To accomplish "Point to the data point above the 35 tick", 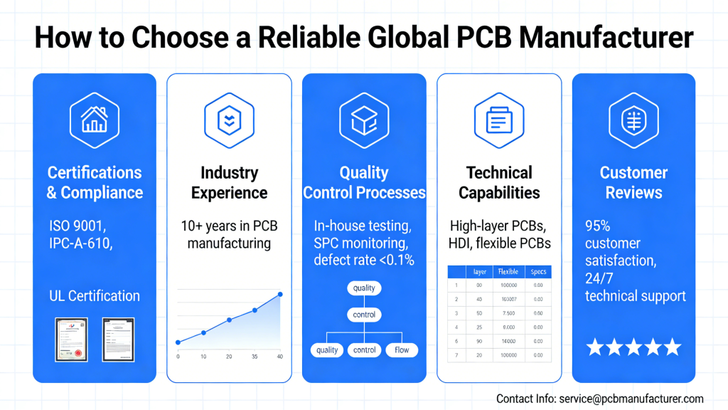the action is pos(255,310).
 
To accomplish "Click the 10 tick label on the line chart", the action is pos(203,356).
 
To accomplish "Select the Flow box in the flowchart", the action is pos(402,349).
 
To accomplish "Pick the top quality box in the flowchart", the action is pos(364,288).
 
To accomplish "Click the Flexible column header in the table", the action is pos(508,272).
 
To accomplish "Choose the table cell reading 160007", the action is pos(508,299).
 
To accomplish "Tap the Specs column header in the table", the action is pos(538,272).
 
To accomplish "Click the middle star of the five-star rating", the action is pos(633,347).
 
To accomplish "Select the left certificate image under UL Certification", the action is pos(71,339).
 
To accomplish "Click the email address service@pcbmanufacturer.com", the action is pos(631,399).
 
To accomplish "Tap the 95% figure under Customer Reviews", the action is pos(598,226).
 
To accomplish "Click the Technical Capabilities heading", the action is pos(499,182).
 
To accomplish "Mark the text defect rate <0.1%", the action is pos(364,260).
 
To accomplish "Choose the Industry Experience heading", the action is pos(229,182).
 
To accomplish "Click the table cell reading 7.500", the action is pos(508,312).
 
